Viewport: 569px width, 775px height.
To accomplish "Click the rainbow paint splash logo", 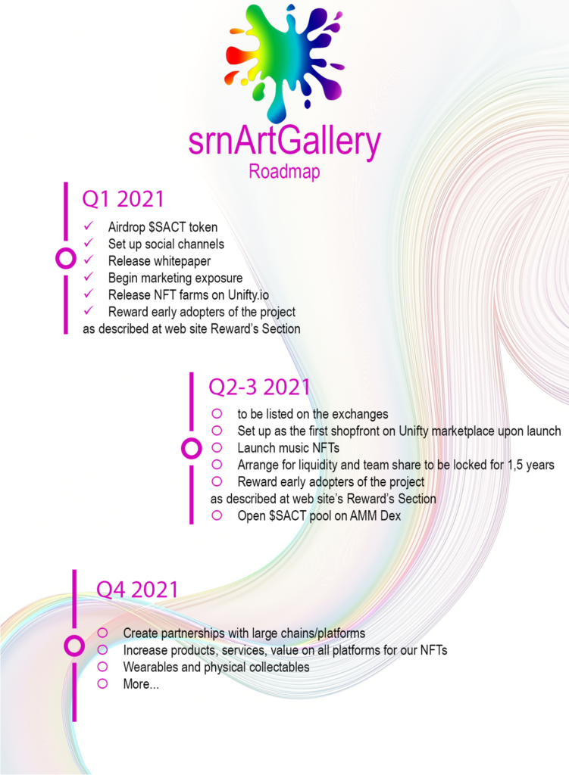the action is [284, 62].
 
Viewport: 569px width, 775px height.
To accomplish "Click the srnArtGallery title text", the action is [285, 141].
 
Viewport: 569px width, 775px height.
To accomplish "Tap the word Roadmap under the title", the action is [284, 172].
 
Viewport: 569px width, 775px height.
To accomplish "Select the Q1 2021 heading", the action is [123, 199].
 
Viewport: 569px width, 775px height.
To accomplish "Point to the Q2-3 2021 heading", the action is [259, 387].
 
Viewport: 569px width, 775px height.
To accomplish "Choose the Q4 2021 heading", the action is [137, 589].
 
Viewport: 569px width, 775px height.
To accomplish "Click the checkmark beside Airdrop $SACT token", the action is [89, 226].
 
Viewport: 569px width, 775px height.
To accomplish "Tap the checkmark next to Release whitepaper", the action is [89, 260].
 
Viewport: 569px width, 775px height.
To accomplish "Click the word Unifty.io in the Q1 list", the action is [249, 295].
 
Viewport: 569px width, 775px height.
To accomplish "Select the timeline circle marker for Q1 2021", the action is [66, 248].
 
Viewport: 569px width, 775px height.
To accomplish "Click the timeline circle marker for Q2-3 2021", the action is [192, 438].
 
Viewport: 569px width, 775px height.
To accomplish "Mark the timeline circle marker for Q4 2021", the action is [74, 636].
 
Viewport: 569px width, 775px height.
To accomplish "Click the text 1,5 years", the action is [531, 465].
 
